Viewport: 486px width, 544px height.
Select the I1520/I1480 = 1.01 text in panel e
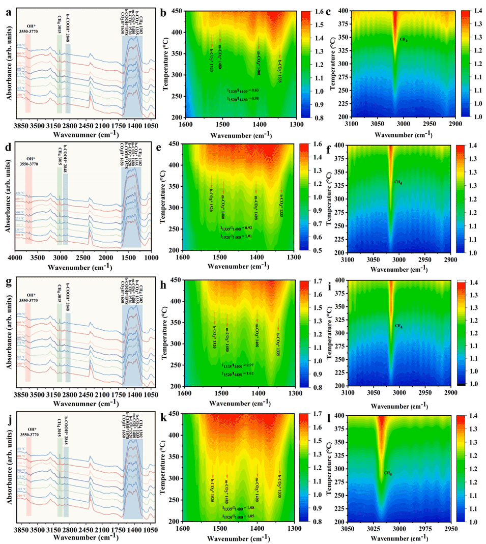236,236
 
